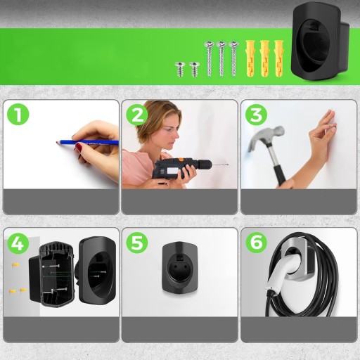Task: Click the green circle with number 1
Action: pos(18,115)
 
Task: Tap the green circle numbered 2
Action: pos(137,115)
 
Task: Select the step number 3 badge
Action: pos(256,115)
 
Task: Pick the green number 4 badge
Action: pos(18,243)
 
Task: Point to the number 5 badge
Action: pos(137,243)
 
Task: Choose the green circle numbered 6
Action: pos(256,243)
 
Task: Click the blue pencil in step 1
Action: pos(87,142)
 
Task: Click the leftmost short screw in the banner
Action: pos(180,68)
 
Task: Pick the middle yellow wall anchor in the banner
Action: pos(264,58)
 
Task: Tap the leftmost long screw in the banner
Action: pos(209,58)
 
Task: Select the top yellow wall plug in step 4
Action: pos(15,265)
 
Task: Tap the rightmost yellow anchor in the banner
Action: pos(278,58)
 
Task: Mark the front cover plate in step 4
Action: pos(98,269)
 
